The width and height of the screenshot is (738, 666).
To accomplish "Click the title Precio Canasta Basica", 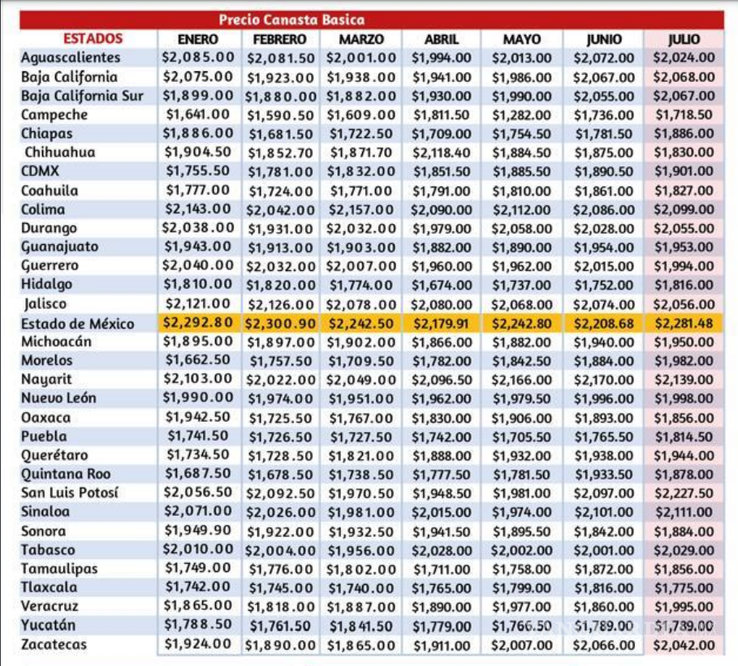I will pyautogui.click(x=291, y=19).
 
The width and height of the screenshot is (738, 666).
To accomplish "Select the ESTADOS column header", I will pyautogui.click(x=93, y=39).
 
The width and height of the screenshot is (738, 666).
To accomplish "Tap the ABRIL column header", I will pyautogui.click(x=441, y=39).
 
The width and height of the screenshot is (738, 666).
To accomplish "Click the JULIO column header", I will pyautogui.click(x=684, y=39).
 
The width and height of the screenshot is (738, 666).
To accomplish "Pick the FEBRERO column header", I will pyautogui.click(x=279, y=39).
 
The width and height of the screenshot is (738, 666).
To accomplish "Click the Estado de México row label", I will pyautogui.click(x=78, y=323).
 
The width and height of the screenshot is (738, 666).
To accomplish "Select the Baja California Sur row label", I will pyautogui.click(x=82, y=96).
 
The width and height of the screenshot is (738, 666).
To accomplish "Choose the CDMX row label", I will pyautogui.click(x=41, y=171).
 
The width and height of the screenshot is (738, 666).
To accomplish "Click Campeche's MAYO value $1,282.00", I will pyautogui.click(x=521, y=115).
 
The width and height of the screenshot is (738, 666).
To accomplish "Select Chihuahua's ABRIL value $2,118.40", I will pyautogui.click(x=441, y=153).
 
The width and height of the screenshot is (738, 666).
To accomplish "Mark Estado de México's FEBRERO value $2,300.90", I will pyautogui.click(x=281, y=323).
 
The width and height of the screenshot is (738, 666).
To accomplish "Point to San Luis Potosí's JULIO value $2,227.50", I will pyautogui.click(x=684, y=493).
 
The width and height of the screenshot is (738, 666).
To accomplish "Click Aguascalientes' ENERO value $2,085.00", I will pyautogui.click(x=198, y=58).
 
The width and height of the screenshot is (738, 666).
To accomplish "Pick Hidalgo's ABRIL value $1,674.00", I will pyautogui.click(x=441, y=285).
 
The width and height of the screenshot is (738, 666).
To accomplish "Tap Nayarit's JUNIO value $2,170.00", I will pyautogui.click(x=604, y=380).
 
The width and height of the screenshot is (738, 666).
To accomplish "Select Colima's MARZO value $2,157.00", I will pyautogui.click(x=361, y=209).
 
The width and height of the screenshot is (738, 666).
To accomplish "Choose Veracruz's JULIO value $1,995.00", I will pyautogui.click(x=684, y=607).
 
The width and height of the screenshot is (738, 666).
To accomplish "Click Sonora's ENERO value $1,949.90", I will pyautogui.click(x=198, y=531).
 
